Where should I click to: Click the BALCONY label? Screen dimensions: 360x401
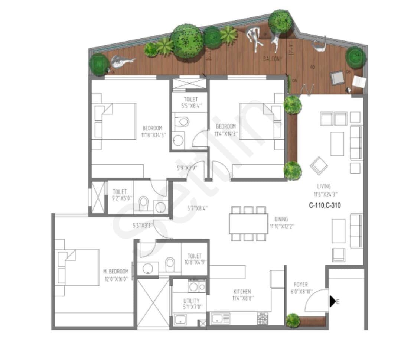[x=273, y=59]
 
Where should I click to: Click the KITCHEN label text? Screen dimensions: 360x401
[x=242, y=292]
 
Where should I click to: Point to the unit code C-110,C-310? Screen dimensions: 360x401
[x=325, y=205]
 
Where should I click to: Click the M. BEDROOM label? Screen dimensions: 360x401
[x=115, y=272]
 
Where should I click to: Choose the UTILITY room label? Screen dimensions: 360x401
[x=191, y=301]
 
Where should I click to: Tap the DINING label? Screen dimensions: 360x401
[x=281, y=219]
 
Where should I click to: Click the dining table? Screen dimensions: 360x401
[x=248, y=223]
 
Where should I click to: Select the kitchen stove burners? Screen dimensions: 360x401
[x=262, y=318]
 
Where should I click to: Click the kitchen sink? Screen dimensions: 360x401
[x=220, y=318]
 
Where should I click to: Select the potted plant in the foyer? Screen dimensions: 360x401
[x=293, y=320]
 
